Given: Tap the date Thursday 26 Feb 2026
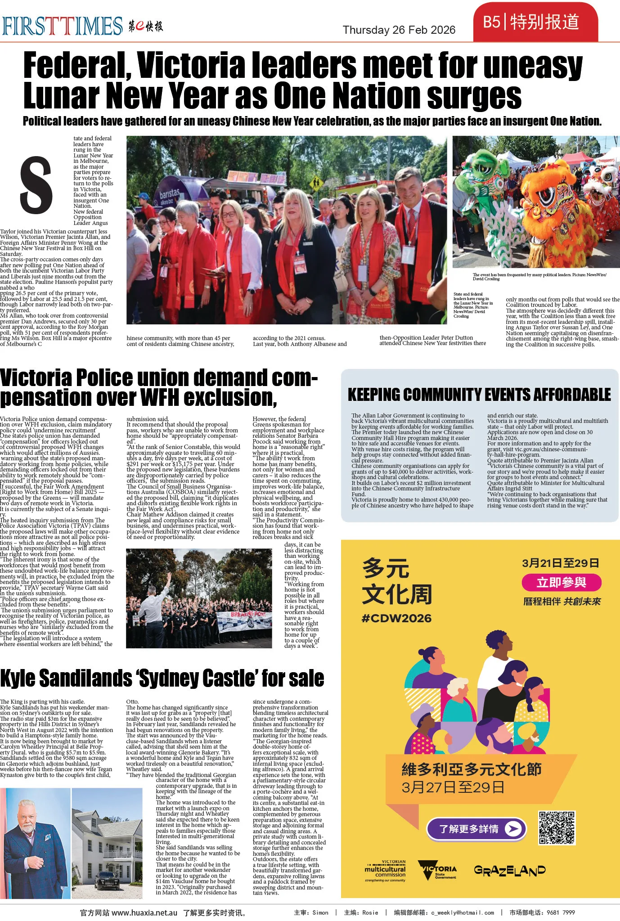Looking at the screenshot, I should (399, 30).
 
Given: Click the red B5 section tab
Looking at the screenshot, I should (535, 22).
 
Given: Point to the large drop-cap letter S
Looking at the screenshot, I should (36, 185).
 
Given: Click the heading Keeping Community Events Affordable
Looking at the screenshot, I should (479, 395).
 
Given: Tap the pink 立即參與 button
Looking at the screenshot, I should (561, 583).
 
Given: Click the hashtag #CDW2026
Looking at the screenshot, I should (396, 618).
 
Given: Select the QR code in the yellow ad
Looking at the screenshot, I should (557, 828).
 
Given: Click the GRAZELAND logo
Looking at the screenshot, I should (509, 871).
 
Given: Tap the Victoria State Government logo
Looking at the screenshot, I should (437, 870).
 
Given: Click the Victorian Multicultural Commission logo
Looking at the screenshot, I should (386, 871).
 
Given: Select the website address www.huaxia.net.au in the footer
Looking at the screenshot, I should (144, 912).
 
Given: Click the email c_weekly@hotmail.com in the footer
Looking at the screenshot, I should (462, 912).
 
